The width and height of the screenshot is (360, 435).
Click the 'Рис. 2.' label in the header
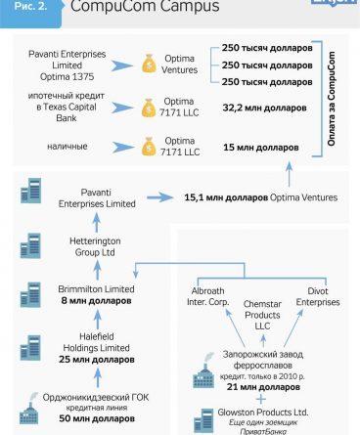(30, 6)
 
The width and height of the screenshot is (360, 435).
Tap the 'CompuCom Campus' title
(145, 6)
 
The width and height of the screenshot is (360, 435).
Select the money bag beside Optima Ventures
(149, 64)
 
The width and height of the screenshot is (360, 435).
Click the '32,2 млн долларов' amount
(264, 108)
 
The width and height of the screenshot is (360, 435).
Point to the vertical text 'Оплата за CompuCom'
(332, 99)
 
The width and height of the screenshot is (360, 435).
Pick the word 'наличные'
(67, 147)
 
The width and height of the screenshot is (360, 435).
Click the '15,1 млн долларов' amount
(226, 197)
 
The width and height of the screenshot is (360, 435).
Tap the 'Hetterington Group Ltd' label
(95, 246)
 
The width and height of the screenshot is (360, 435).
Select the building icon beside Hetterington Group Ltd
(30, 245)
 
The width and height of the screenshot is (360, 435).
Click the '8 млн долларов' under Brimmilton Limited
(96, 300)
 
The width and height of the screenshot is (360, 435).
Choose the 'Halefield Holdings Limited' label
(96, 342)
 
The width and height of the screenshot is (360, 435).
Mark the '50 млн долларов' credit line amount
(97, 418)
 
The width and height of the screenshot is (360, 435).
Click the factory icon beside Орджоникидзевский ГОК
(29, 409)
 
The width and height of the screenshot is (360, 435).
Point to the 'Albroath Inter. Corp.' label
(207, 296)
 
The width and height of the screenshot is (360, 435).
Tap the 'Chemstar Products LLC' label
(262, 315)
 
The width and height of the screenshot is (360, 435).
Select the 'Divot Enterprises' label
(318, 296)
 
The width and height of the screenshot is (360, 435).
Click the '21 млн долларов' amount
(263, 387)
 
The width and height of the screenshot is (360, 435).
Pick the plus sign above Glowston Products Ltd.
(260, 399)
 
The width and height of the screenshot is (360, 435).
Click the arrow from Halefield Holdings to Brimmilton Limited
(97, 319)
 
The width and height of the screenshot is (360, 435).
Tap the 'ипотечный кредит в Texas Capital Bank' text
(67, 107)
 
